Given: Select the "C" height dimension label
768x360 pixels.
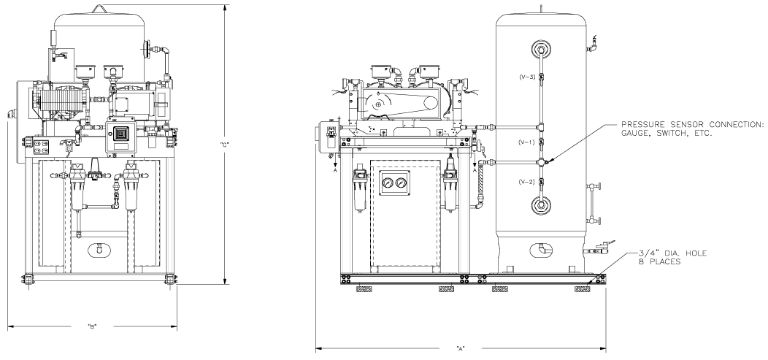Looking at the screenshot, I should pos(225,144).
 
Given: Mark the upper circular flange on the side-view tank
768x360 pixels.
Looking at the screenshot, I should pos(540,50).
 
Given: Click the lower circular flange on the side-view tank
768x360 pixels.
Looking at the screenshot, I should pos(540,205).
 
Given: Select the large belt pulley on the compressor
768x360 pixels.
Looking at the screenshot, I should pos(377,105).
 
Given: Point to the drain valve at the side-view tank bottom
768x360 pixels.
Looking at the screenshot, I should pos(600,250).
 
